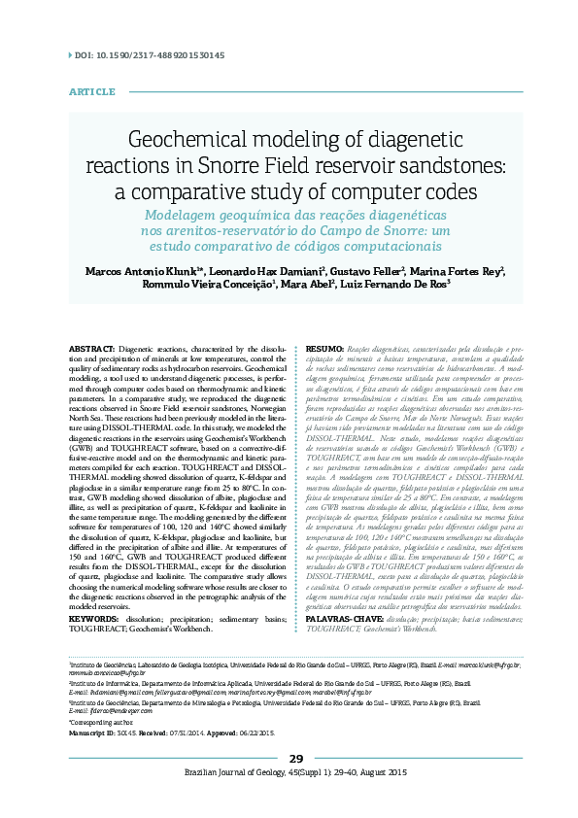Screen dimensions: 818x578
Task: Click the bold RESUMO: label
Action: [x=325, y=348]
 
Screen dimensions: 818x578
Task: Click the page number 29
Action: [x=296, y=786]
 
